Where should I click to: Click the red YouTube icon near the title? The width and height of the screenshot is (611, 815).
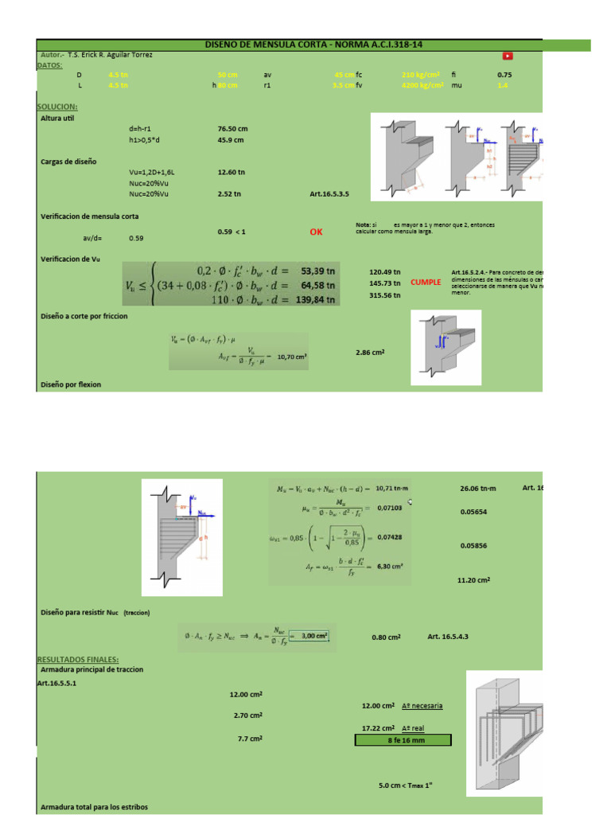[507, 55]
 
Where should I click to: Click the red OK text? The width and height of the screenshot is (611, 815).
[317, 232]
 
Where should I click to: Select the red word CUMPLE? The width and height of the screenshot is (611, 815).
[425, 283]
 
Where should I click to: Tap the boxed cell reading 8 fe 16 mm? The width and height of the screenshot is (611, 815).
[403, 740]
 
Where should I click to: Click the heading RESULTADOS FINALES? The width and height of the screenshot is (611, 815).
[78, 659]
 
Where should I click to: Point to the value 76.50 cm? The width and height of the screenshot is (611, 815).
[232, 127]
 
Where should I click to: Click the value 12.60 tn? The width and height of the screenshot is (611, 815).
[231, 171]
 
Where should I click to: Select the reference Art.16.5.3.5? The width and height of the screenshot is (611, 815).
[329, 193]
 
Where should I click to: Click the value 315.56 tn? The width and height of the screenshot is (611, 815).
[385, 295]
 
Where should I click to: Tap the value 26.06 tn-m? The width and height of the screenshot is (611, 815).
[477, 488]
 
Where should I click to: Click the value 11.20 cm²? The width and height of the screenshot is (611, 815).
[473, 580]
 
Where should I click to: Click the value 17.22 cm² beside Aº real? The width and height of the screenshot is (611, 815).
[378, 727]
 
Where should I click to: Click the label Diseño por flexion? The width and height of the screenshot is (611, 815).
[71, 384]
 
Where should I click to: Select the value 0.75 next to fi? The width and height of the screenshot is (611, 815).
[504, 74]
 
